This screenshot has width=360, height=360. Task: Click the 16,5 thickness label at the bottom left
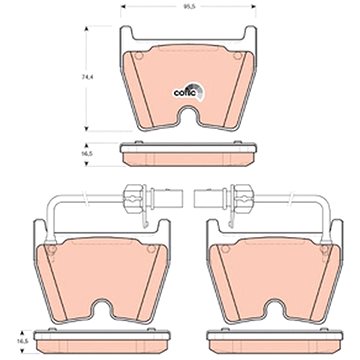[x=23, y=342]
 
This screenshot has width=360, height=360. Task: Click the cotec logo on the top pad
[x=188, y=92]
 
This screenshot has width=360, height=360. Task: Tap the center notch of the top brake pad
[x=188, y=115]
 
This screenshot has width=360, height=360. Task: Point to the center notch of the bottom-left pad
[x=102, y=307]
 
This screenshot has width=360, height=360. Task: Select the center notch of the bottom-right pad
[x=275, y=307]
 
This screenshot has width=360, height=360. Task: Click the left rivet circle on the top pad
[x=139, y=56]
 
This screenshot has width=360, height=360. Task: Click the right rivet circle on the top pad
[x=237, y=56]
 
